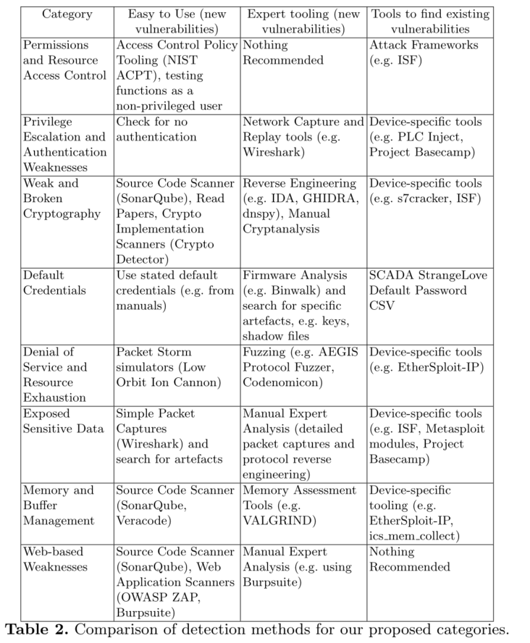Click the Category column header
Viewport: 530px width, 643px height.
coord(67,14)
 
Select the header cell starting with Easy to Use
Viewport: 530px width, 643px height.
coord(177,21)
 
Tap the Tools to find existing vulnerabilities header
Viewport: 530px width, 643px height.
coord(430,21)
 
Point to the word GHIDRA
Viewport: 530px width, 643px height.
coord(329,198)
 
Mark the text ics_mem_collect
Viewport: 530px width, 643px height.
coord(411,535)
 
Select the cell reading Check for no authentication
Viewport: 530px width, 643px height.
coord(157,129)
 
